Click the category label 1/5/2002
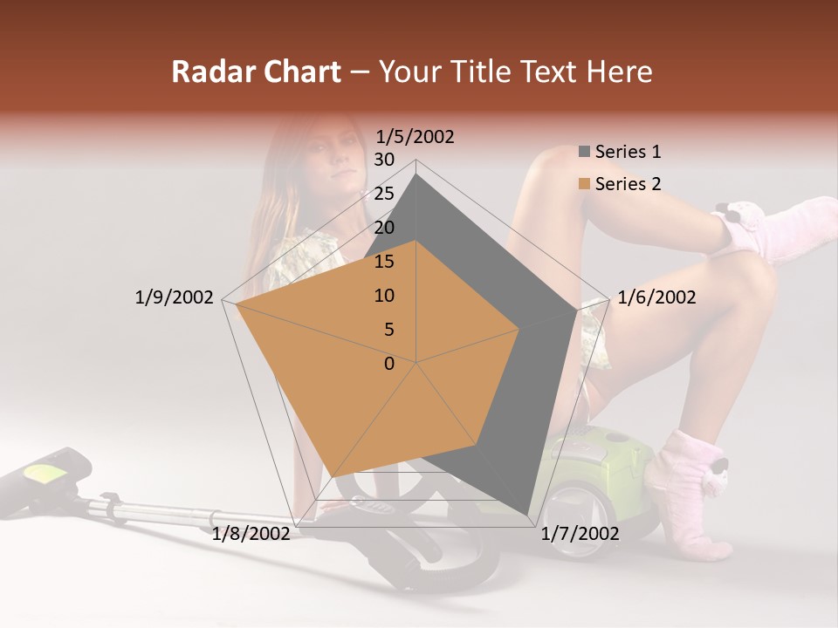(x=416, y=137)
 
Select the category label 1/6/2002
(x=656, y=297)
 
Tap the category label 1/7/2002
(x=580, y=534)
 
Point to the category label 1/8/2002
(x=251, y=534)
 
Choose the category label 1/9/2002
(x=175, y=297)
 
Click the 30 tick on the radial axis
(x=384, y=160)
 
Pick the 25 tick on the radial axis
(x=384, y=194)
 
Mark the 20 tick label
(x=384, y=228)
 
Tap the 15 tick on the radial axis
(x=384, y=262)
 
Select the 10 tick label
(x=384, y=296)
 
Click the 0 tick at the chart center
(x=389, y=364)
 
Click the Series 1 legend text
(x=628, y=152)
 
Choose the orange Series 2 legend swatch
(x=584, y=184)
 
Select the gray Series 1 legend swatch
(x=584, y=152)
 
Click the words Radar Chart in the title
(x=256, y=72)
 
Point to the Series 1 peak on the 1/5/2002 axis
(x=416, y=174)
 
